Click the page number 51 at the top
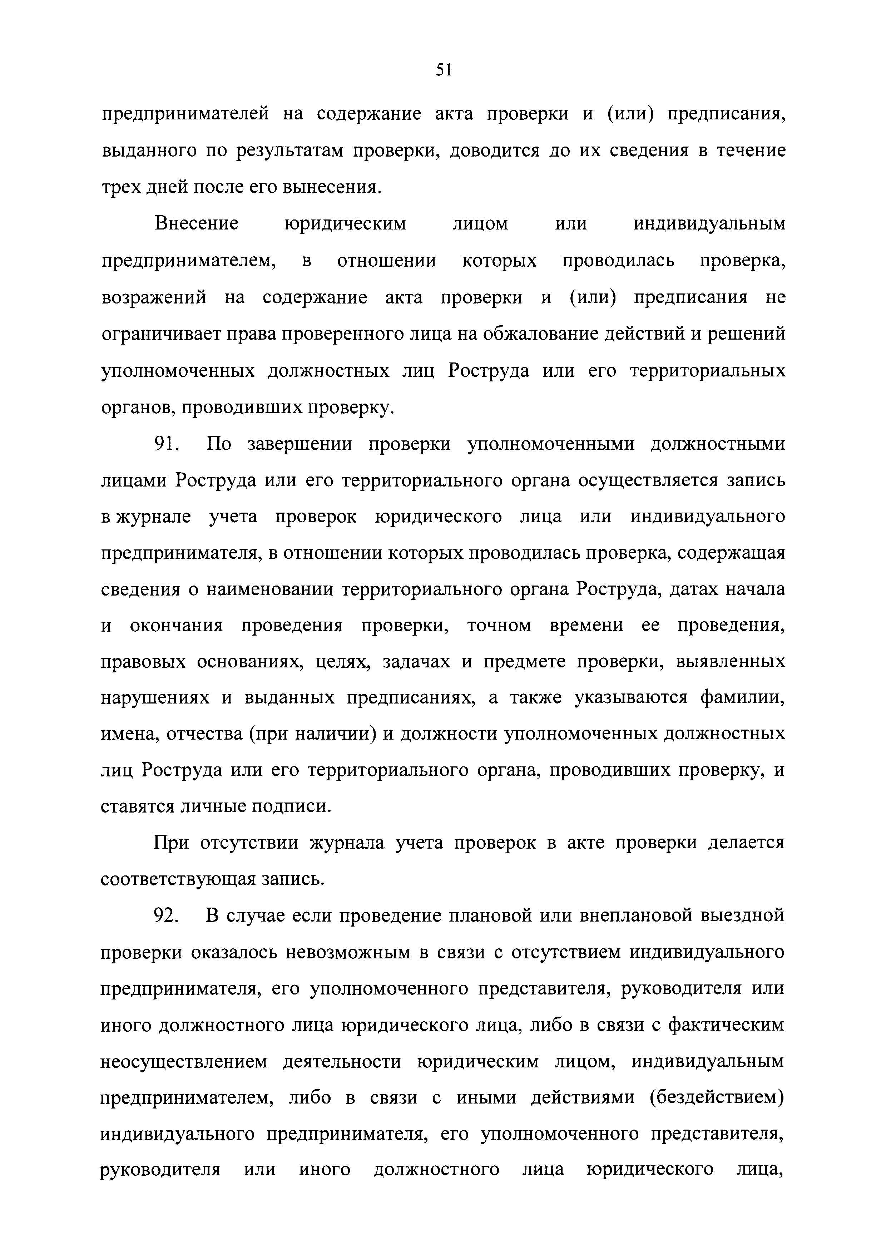point(443,70)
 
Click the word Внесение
point(197,224)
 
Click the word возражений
point(154,298)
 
